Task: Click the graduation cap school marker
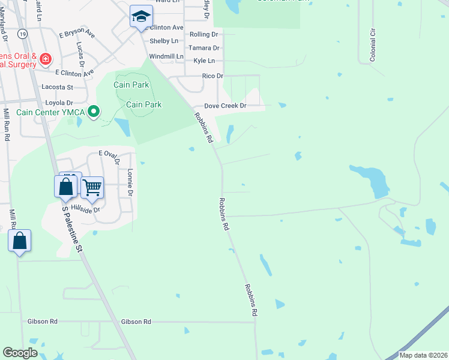pyautogui.click(x=141, y=16)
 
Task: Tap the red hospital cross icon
pyautogui.click(x=46, y=59)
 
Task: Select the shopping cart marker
pyautogui.click(x=92, y=187)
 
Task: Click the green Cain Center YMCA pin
pyautogui.click(x=93, y=112)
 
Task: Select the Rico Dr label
pyautogui.click(x=212, y=76)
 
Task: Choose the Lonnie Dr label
pyautogui.click(x=130, y=182)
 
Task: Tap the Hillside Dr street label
pyautogui.click(x=84, y=208)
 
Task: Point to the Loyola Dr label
pyautogui.click(x=57, y=103)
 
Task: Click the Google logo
pyautogui.click(x=20, y=353)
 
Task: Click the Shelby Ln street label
pyautogui.click(x=164, y=41)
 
